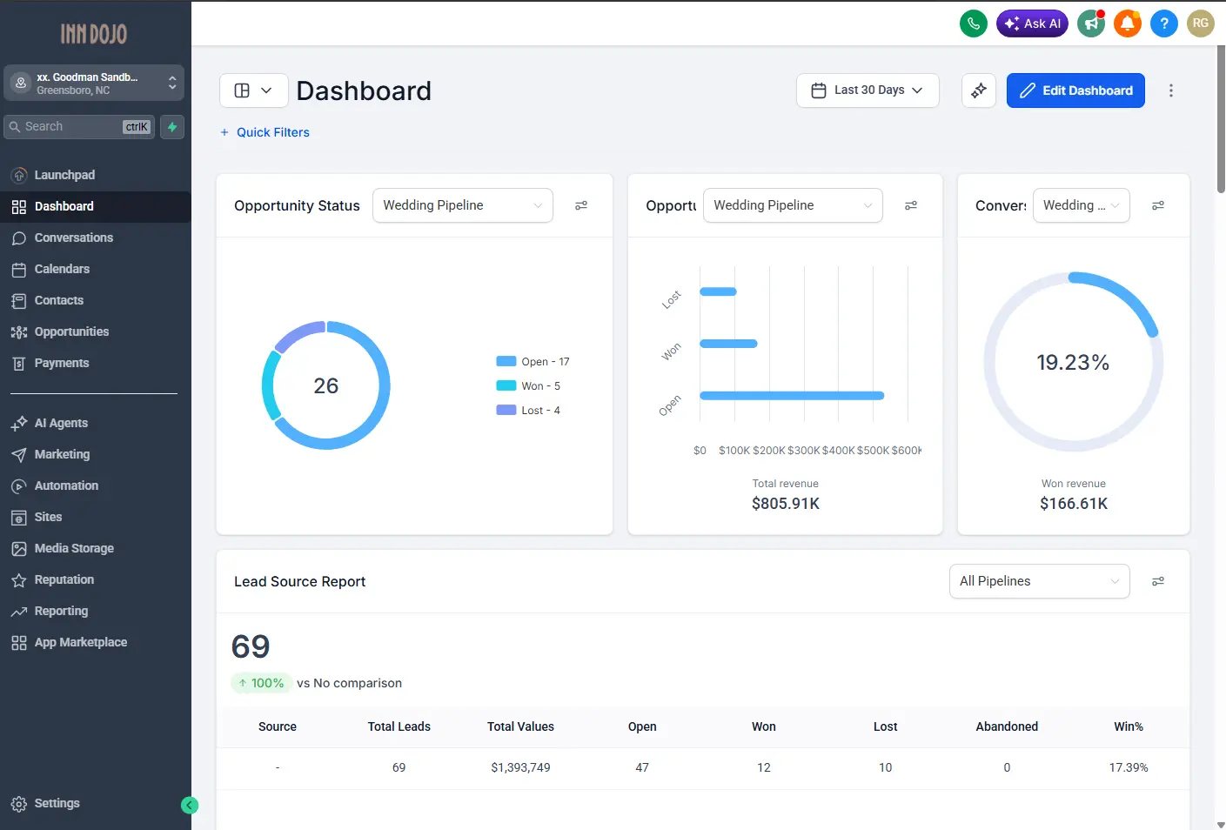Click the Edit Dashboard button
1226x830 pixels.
tap(1075, 90)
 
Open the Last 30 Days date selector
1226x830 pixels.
tap(868, 90)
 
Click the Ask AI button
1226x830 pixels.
tap(1032, 23)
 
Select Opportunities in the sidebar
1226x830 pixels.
tap(71, 331)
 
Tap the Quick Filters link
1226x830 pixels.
tap(272, 132)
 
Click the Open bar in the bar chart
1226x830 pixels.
tap(792, 396)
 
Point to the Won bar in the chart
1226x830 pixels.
tap(728, 344)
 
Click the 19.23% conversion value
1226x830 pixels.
tap(1073, 363)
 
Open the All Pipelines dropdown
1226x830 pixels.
tap(1039, 581)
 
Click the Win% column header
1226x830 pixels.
tap(1128, 726)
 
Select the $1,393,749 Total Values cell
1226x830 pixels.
tap(520, 767)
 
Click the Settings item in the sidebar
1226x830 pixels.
tap(57, 803)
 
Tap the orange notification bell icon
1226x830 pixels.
tap(1128, 23)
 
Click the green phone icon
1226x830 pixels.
tap(974, 23)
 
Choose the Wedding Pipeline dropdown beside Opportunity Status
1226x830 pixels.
tap(462, 205)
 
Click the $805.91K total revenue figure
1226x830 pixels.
tap(785, 504)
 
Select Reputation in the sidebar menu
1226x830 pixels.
tap(64, 579)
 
